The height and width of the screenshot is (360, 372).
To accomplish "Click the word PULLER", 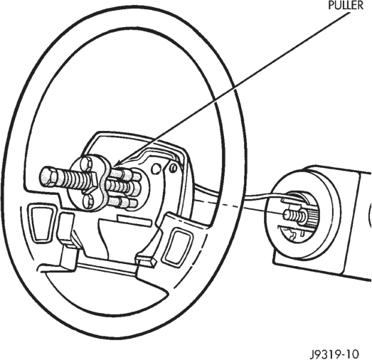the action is click(346, 5).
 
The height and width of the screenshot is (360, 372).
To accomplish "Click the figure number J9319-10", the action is click(334, 354).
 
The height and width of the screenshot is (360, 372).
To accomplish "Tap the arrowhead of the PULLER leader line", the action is click(117, 163).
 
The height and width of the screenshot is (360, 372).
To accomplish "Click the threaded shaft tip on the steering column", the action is click(287, 215).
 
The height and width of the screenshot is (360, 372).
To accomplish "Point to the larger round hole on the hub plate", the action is click(155, 169).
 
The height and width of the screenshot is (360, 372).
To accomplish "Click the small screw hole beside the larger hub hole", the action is click(174, 168).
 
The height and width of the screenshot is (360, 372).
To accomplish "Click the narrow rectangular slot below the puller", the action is click(134, 221).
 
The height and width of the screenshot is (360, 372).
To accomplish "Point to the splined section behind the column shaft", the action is click(312, 216).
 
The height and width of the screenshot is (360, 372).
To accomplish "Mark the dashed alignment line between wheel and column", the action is click(238, 207).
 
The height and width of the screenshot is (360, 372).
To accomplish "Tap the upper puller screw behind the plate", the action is click(124, 174).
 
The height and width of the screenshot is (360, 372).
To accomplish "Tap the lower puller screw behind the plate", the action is click(122, 201).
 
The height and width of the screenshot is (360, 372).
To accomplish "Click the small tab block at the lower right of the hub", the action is click(145, 261).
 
